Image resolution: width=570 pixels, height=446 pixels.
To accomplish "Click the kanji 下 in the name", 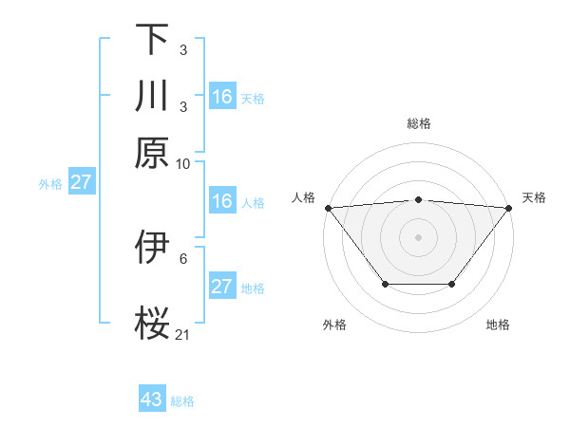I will [x=152, y=40].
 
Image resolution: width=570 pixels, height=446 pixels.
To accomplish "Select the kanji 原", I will [x=152, y=152].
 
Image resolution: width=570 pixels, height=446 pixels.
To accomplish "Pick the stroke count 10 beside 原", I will [x=183, y=163].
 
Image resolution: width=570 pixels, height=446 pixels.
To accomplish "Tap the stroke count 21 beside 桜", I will [x=183, y=334].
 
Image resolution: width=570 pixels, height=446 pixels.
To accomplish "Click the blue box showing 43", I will [x=152, y=400].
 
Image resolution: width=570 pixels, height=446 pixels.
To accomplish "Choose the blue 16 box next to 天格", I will [x=222, y=97].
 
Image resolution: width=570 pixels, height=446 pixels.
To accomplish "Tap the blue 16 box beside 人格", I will [x=222, y=202].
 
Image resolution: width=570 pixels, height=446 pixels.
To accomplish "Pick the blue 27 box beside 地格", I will [x=222, y=287].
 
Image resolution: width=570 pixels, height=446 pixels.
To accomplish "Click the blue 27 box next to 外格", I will [x=81, y=182].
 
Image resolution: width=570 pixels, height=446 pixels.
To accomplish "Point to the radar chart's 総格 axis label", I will [x=418, y=124].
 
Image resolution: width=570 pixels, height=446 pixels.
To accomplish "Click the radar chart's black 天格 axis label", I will [x=534, y=197].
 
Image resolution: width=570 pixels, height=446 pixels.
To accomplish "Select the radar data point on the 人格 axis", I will [x=328, y=208].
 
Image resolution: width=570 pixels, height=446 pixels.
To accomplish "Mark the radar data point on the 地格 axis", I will [x=452, y=284].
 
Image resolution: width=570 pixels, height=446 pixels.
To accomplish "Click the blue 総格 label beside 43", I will [x=182, y=401].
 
